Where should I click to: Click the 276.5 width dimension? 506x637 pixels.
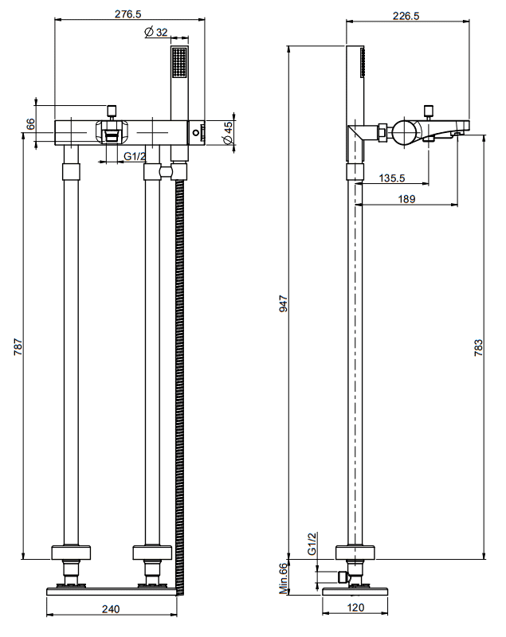tap(128, 14)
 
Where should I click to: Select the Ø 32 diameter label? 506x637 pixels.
tap(156, 32)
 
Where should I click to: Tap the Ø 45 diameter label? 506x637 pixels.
tap(228, 133)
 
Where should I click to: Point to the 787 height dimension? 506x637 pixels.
tap(18, 346)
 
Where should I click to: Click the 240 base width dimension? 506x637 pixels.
tap(111, 608)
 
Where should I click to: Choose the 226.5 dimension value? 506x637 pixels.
tap(406, 16)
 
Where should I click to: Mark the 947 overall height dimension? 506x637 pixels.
tap(283, 303)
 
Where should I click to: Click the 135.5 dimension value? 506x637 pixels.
tap(392, 178)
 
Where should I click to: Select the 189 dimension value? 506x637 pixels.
tap(406, 198)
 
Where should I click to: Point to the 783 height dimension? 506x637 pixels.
tap(478, 348)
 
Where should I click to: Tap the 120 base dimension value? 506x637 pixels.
tap(355, 608)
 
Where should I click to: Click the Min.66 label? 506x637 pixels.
tap(283, 578)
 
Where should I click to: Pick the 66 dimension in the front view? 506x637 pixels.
tap(30, 124)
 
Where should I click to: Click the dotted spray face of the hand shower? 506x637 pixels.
tap(179, 62)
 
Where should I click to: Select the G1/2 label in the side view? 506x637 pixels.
tap(312, 544)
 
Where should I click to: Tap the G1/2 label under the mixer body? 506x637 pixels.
tap(135, 156)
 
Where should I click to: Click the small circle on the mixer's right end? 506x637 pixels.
tap(196, 132)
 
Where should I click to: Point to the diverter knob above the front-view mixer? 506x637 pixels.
tap(112, 111)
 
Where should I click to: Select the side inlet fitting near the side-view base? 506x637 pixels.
tap(343, 576)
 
